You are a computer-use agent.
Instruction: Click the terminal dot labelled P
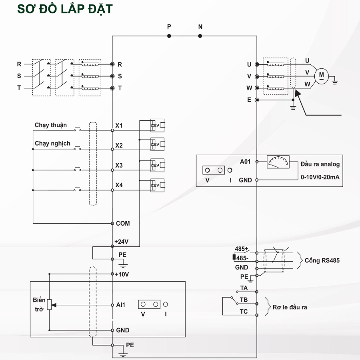169,36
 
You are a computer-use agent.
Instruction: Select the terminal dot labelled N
200,36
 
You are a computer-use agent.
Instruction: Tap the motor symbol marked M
321,75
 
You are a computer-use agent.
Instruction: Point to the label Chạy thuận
51,125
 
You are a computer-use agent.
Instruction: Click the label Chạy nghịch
52,143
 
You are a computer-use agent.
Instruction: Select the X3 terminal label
119,166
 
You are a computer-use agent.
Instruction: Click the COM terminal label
123,223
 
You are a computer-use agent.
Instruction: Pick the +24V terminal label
122,242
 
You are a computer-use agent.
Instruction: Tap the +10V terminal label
122,274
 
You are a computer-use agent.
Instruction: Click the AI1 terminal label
120,305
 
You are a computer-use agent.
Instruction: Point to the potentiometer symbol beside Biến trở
49,305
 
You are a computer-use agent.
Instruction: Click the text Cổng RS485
322,260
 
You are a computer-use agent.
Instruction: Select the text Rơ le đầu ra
290,307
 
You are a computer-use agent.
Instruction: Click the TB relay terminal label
244,300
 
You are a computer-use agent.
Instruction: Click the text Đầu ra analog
320,164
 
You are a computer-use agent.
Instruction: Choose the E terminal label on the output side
249,100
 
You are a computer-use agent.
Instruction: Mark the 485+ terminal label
242,249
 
